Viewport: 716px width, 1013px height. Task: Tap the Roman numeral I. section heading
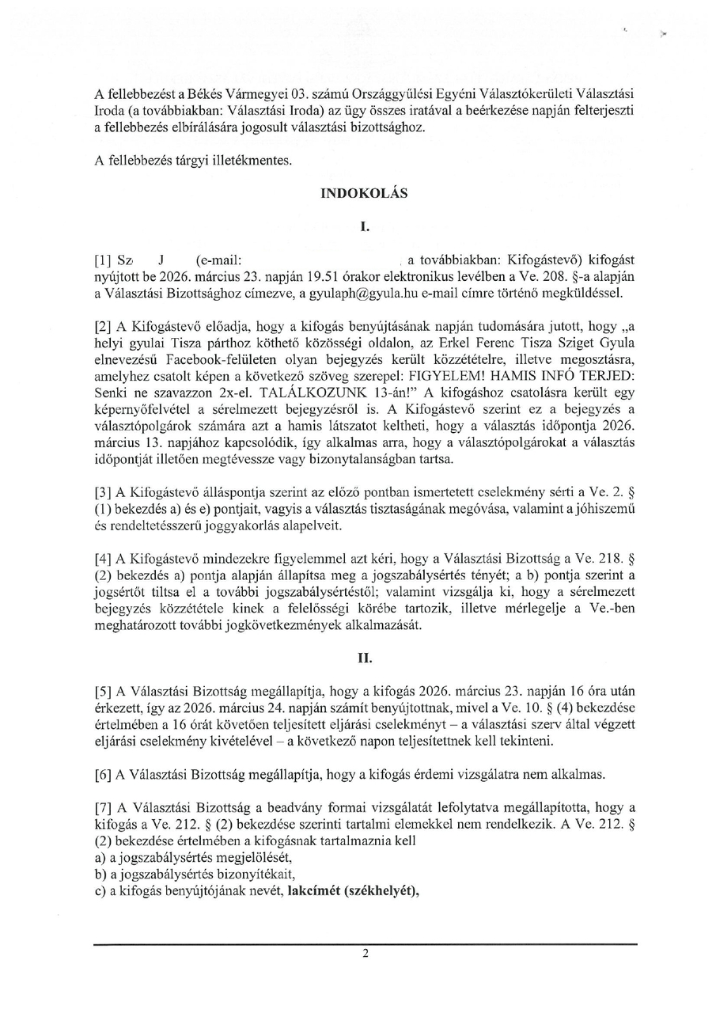tap(365, 227)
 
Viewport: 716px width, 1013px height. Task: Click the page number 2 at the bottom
tap(365, 954)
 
